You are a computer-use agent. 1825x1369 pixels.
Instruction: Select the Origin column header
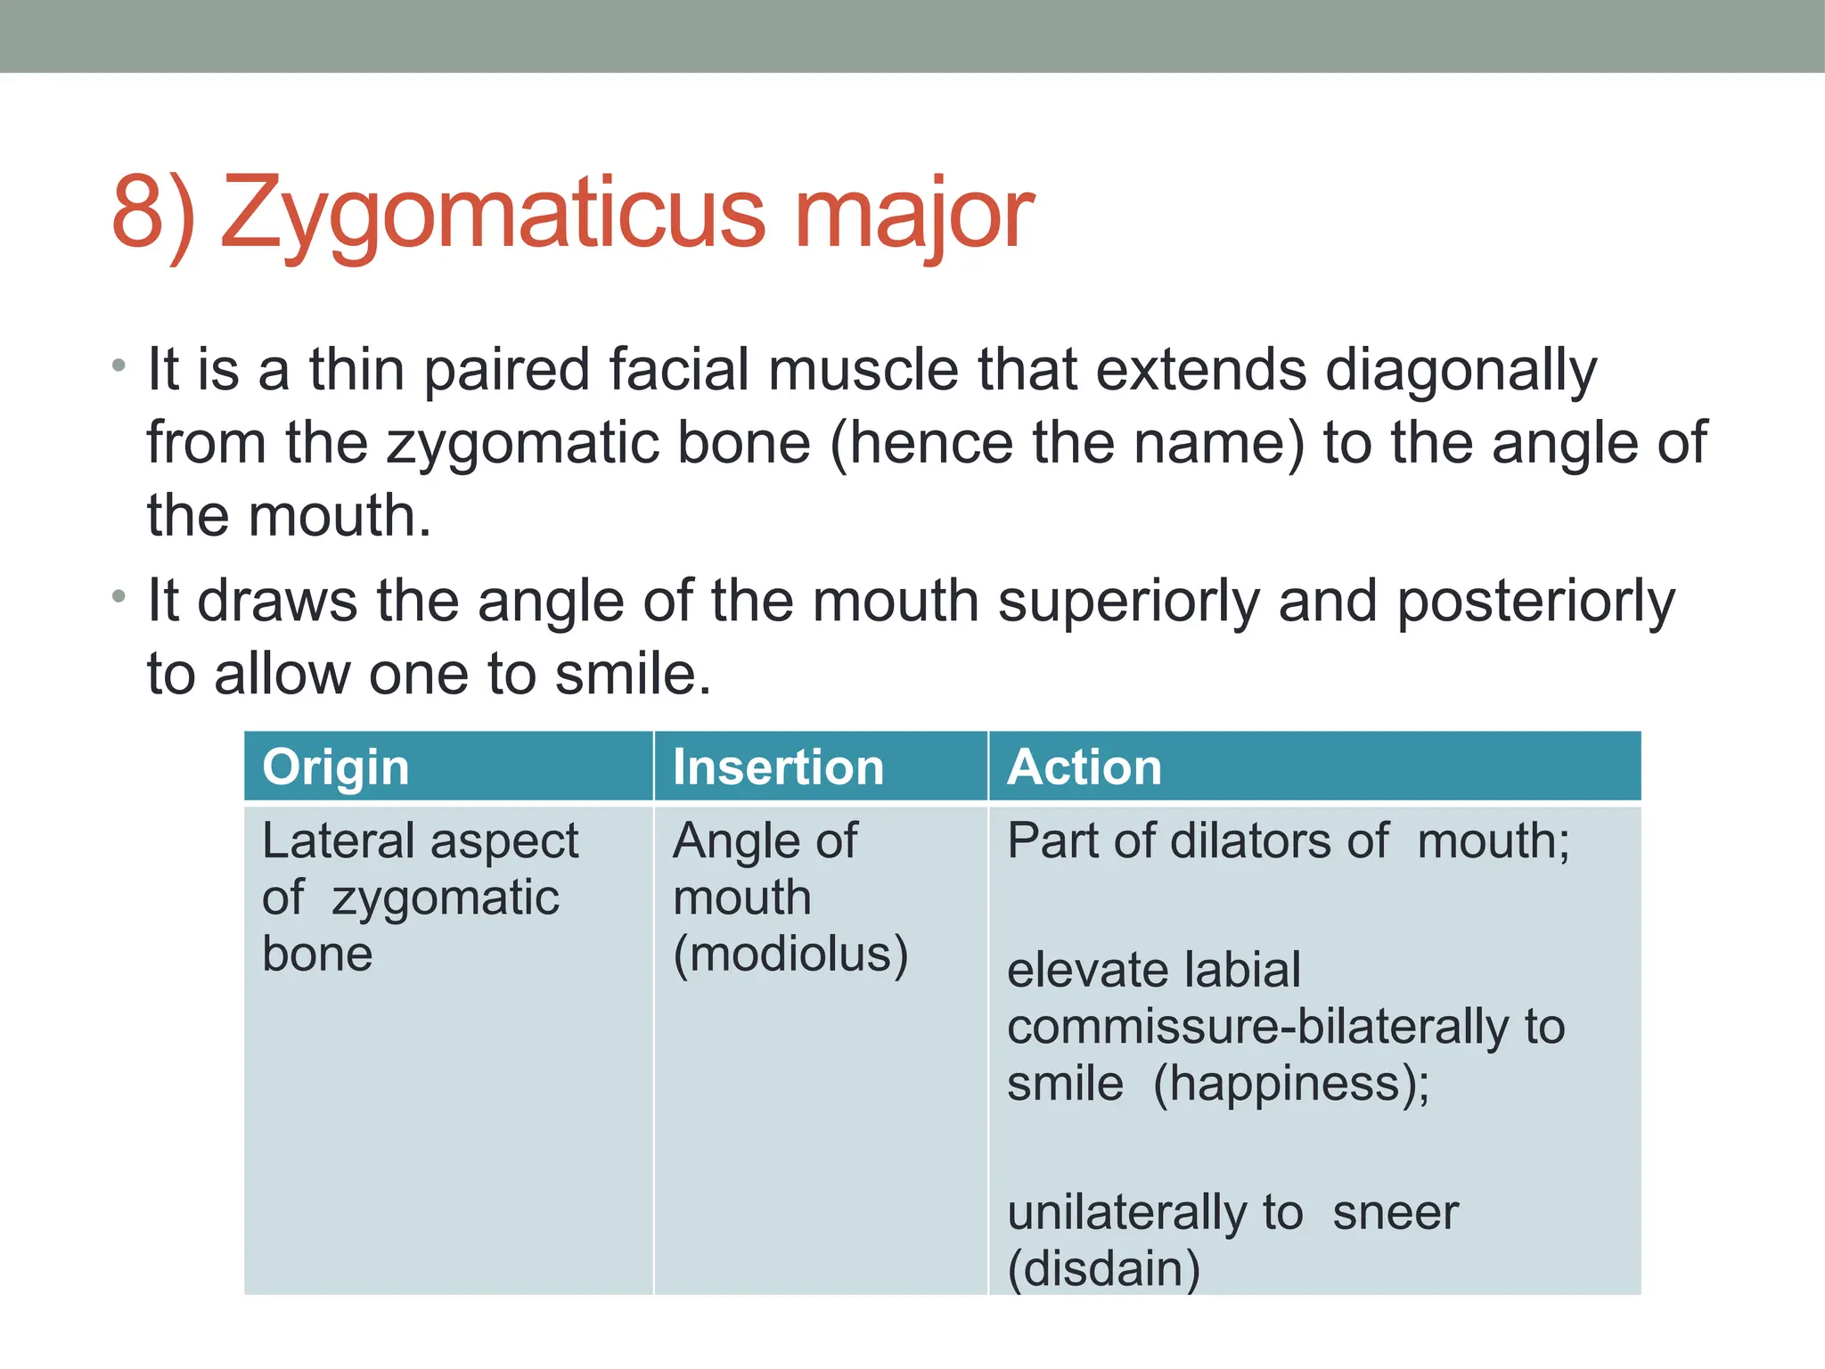click(335, 767)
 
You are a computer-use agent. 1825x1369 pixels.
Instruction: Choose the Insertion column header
click(778, 767)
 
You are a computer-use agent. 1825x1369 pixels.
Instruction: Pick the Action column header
click(1084, 767)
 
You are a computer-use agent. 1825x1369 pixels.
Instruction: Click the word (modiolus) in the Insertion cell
click(790, 955)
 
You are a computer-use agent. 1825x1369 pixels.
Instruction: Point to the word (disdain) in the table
click(1103, 1268)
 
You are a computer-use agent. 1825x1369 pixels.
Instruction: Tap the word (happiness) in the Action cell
click(1291, 1085)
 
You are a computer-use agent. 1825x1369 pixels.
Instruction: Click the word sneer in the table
click(1395, 1213)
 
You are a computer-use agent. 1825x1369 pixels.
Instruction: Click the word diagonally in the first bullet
click(1461, 371)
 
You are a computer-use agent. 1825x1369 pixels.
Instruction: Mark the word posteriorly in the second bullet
click(1535, 603)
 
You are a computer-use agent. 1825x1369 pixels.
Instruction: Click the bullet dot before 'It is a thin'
click(119, 365)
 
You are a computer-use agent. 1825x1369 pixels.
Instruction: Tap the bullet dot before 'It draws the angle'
click(119, 596)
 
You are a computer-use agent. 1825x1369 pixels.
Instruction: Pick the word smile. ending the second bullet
click(633, 674)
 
